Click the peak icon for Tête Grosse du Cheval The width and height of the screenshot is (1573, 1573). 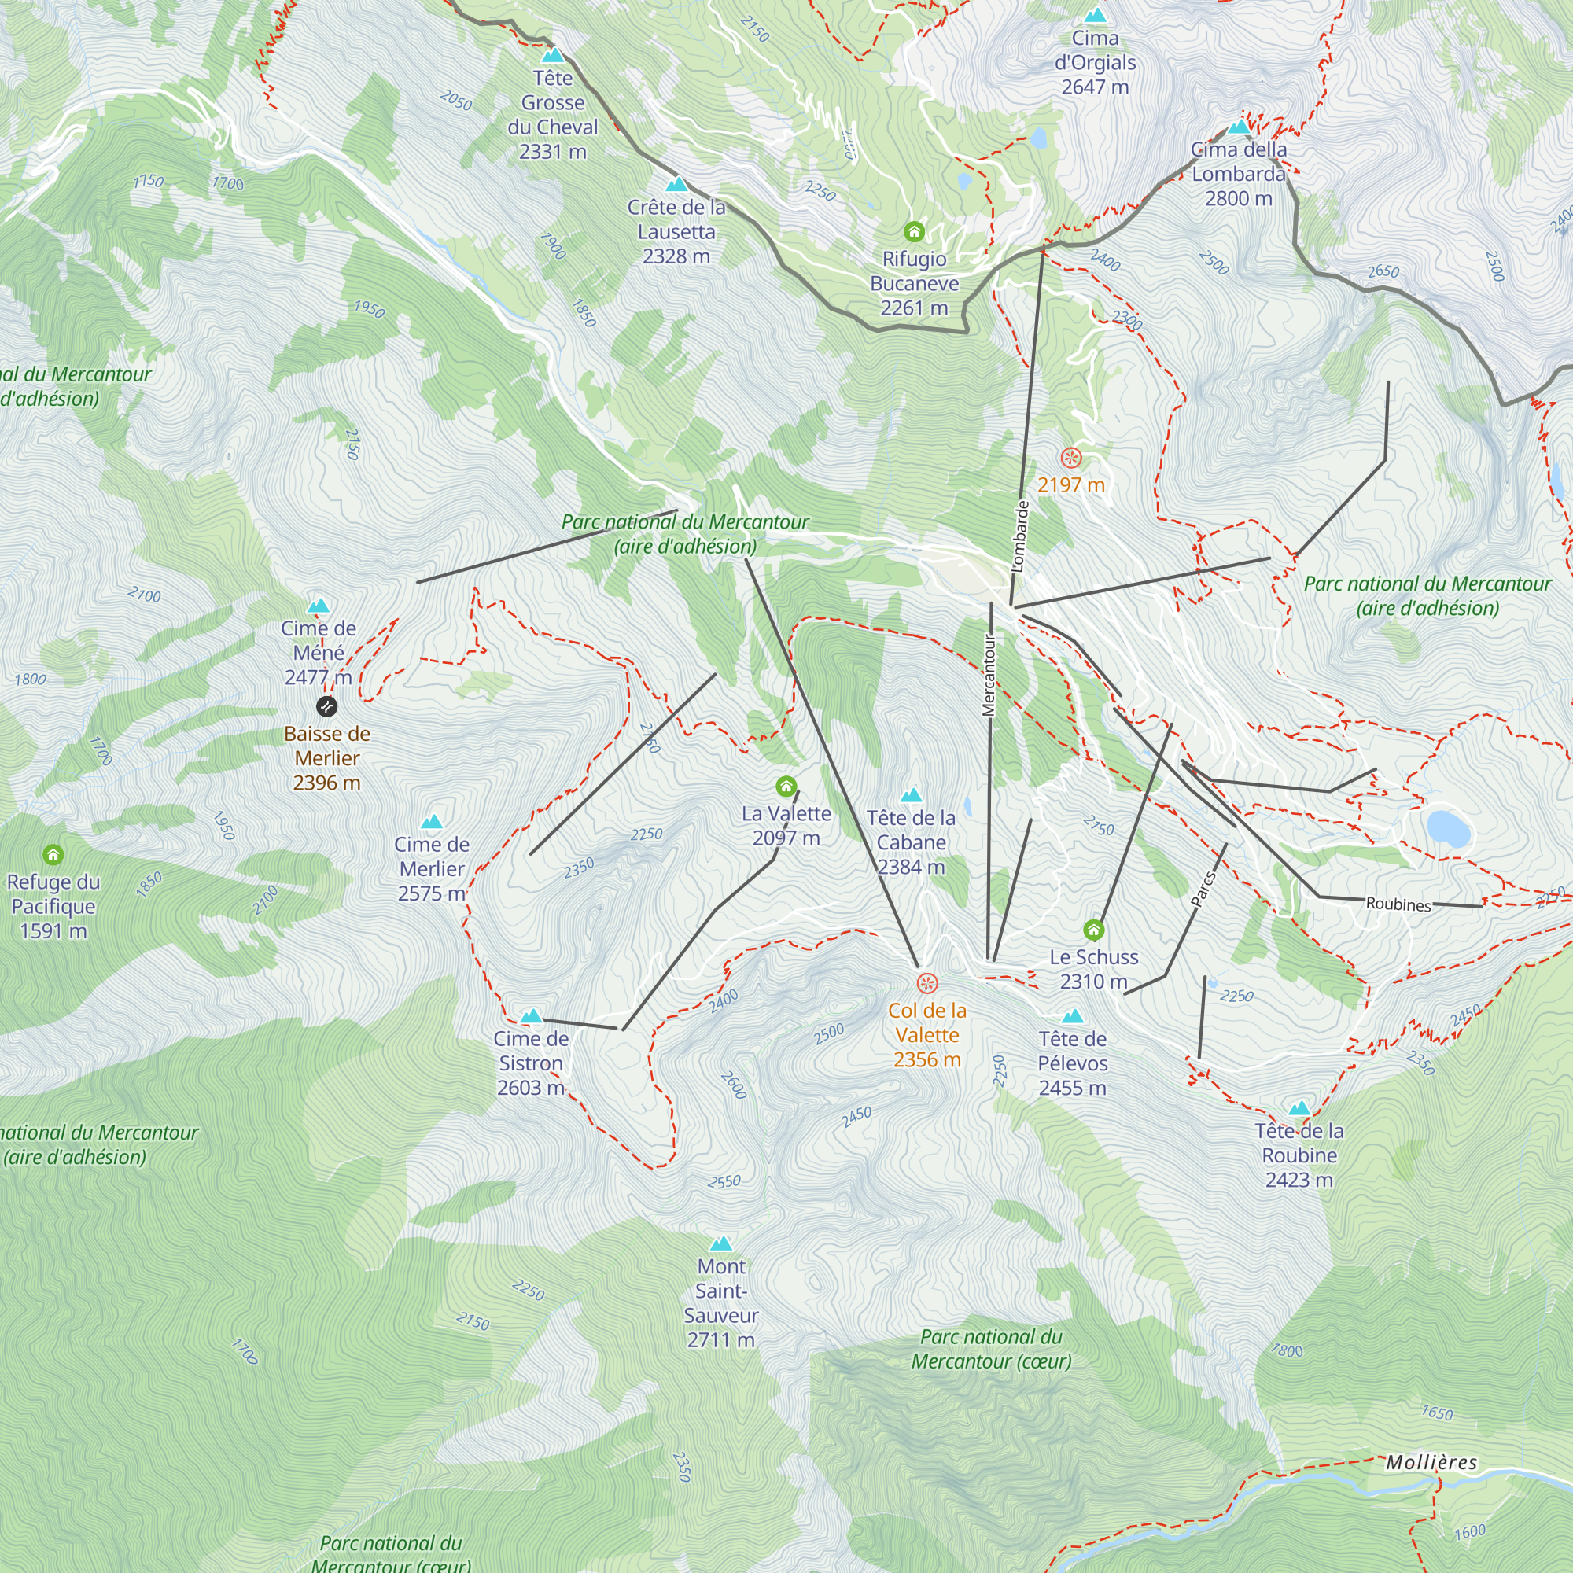553,55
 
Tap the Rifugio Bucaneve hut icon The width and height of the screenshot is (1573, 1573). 915,232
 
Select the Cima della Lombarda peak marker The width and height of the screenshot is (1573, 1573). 1240,126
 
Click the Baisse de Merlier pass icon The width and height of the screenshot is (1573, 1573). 326,706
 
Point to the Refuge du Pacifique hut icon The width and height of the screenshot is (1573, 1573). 53,854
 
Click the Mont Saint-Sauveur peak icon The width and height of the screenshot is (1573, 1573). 721,1243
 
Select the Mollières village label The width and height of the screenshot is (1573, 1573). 1431,1462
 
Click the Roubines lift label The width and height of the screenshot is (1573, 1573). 1398,904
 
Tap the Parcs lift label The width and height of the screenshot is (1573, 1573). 1203,889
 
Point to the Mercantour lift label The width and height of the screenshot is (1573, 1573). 989,675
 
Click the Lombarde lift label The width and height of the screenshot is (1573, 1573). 1019,536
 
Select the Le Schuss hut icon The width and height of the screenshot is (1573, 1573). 1093,930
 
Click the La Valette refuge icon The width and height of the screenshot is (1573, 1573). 786,786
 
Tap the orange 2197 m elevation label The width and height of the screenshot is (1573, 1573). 1070,485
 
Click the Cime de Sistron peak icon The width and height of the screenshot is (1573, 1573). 531,1016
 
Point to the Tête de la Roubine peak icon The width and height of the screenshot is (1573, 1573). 1299,1108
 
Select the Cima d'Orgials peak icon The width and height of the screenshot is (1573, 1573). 1095,16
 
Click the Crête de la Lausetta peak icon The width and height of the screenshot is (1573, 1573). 676,185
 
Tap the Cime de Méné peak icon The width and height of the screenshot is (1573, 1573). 319,606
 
